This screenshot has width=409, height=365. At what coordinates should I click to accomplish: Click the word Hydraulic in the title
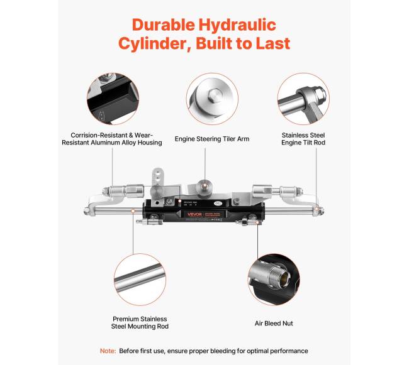[237, 25]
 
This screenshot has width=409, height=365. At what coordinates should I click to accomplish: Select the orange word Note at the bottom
[108, 351]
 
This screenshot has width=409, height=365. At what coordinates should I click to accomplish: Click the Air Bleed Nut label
[274, 324]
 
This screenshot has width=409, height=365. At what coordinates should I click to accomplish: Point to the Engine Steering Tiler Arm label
[212, 139]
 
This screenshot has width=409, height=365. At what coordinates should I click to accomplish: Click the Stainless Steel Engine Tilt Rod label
[303, 139]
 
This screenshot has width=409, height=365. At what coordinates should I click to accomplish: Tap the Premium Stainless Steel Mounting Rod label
[140, 322]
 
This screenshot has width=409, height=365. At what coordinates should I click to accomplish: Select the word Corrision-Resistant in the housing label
[99, 135]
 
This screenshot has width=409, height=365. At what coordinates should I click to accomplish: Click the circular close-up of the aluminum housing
[113, 99]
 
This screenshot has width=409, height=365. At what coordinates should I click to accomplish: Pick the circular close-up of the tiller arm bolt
[212, 99]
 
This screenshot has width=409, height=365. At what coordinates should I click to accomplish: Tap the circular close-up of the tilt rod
[303, 99]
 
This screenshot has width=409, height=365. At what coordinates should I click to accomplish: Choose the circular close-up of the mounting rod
[140, 280]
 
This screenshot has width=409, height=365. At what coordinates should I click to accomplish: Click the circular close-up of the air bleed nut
[274, 280]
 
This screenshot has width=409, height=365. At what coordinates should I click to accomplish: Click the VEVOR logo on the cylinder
[194, 214]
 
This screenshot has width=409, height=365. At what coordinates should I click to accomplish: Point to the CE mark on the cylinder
[218, 204]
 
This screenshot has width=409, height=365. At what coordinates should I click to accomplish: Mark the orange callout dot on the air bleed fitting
[257, 222]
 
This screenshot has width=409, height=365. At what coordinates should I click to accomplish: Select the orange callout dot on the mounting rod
[133, 210]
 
